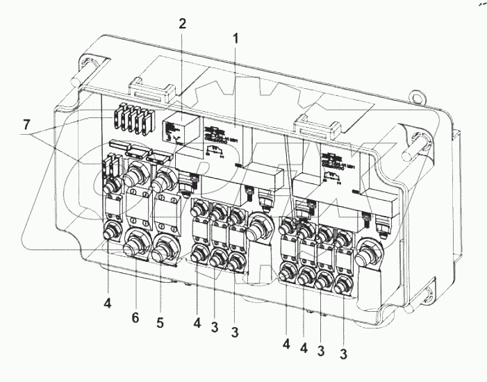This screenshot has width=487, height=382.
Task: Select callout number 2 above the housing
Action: [x=182, y=24]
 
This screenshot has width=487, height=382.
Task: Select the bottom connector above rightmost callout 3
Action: [x=343, y=285]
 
